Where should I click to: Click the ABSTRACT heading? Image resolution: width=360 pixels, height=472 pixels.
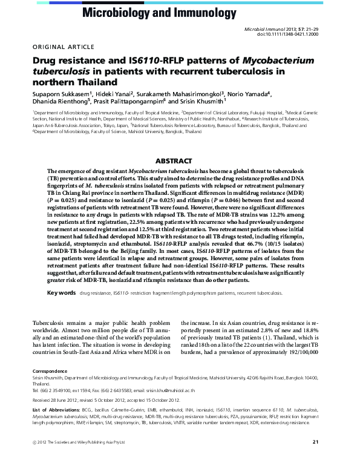tap(173, 161)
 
